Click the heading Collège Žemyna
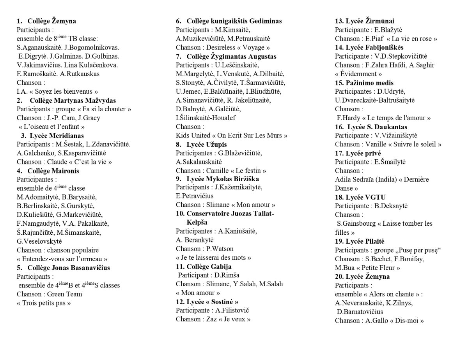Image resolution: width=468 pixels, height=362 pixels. click(52, 21)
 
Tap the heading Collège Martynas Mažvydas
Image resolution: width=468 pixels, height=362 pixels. click(73, 100)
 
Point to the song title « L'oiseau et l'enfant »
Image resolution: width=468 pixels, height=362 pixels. click(51, 127)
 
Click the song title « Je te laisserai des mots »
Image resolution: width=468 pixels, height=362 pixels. click(213, 258)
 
